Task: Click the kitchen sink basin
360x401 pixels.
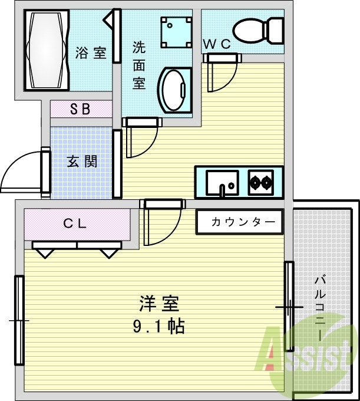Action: click(222, 182)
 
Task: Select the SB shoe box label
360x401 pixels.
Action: click(80, 109)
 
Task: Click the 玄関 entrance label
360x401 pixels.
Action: click(82, 161)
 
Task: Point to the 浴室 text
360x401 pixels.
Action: click(91, 52)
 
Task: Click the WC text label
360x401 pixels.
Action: click(216, 44)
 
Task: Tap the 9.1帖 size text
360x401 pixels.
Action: click(157, 326)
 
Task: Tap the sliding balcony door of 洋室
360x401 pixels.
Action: click(289, 307)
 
